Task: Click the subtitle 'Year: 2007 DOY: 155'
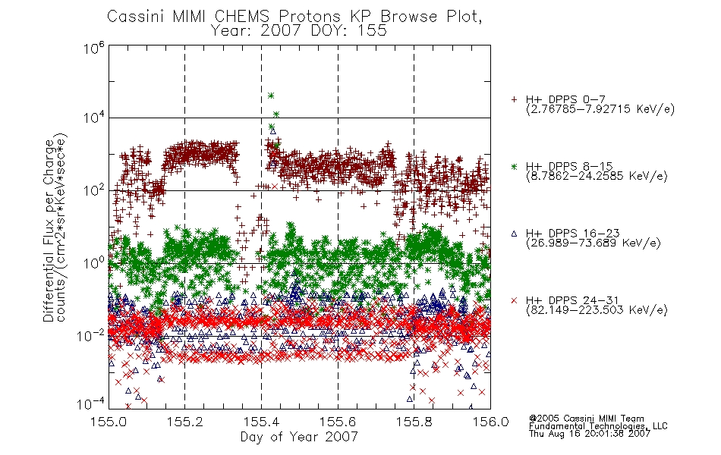coord(299,31)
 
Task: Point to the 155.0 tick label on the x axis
coord(109,422)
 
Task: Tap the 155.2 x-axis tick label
coord(185,422)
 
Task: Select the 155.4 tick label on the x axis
coord(261,422)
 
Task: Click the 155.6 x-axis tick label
coord(338,422)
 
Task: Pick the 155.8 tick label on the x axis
coord(414,422)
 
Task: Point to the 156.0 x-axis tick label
coord(490,422)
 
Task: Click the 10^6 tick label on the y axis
coord(94,48)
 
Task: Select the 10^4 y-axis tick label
coord(94,118)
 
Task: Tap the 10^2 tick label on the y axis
coord(94,190)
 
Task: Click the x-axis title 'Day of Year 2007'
coord(299,437)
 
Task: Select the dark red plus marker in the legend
coord(514,99)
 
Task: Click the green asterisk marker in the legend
coord(514,167)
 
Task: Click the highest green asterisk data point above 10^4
coord(271,96)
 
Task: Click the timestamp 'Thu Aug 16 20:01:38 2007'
coord(590,434)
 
